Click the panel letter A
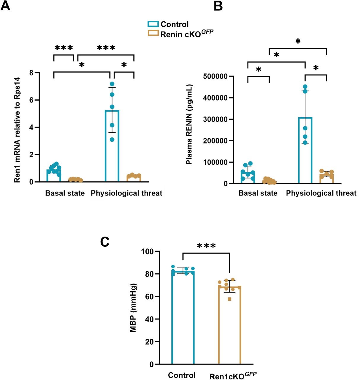coord(5,6)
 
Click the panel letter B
coord(218,6)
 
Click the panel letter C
coord(105,242)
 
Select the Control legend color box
coord(153,24)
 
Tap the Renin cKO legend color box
coord(153,33)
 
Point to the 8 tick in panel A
coord(31,73)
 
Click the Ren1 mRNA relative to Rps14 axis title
coord(18,130)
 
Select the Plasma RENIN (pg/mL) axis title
coord(189,124)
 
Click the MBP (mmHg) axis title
coord(133,308)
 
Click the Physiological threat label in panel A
coord(126,193)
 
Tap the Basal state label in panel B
coord(258,193)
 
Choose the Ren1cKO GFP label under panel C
coord(233,376)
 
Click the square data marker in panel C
coord(229,299)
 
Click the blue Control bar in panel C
coord(183,318)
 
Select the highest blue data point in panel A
coord(112,84)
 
